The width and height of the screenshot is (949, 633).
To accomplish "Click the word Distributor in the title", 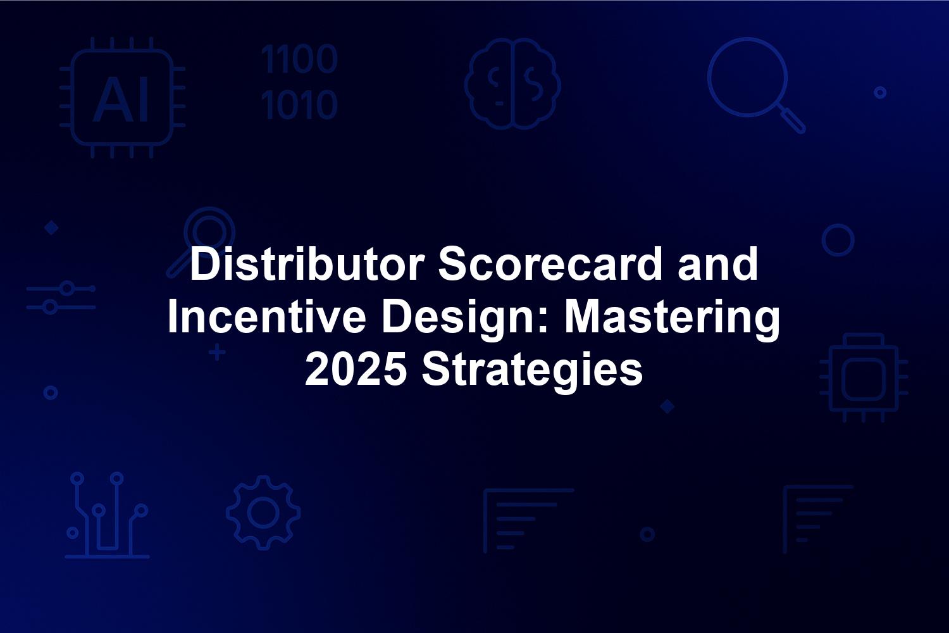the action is [x=307, y=264].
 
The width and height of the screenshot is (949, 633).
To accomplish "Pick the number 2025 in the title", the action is [x=356, y=369].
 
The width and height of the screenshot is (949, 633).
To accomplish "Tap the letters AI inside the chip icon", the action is [x=121, y=99].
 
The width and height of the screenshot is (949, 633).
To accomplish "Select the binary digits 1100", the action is [x=299, y=59].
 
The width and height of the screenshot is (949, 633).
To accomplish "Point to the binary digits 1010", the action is [x=299, y=104].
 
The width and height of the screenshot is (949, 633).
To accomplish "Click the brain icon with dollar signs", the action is [x=512, y=84].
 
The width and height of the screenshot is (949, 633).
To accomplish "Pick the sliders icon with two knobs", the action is [x=61, y=298].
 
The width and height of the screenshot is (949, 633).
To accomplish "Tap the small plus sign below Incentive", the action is [x=217, y=353].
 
